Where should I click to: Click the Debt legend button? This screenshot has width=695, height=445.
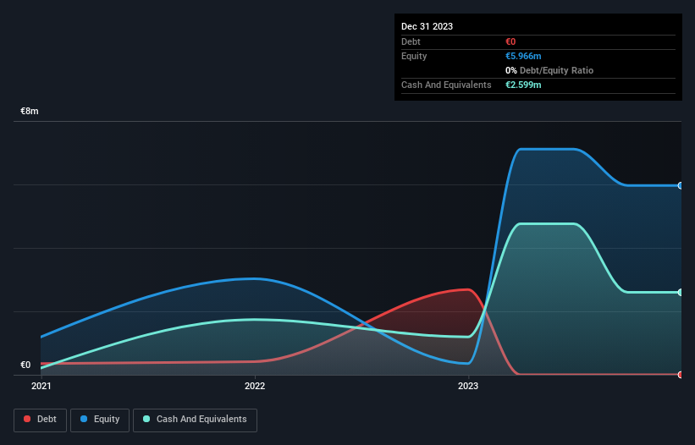tap(41, 420)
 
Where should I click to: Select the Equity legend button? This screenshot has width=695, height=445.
tap(100, 420)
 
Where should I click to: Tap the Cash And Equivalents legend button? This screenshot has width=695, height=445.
tap(195, 420)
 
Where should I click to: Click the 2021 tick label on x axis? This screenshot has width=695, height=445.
tap(41, 387)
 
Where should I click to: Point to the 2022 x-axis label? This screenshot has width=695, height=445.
tap(255, 387)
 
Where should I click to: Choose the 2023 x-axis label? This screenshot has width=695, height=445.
tap(468, 387)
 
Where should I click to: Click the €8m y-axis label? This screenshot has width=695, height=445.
tap(30, 112)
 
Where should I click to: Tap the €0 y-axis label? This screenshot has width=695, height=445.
tap(25, 365)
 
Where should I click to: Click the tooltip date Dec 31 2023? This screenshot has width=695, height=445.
tap(427, 26)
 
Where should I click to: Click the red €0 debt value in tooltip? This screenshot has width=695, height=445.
tap(511, 41)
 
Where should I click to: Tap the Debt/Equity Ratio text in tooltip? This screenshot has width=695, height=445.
tap(554, 70)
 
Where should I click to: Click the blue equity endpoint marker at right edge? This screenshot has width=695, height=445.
tap(681, 185)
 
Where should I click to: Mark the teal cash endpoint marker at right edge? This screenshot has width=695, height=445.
tap(681, 293)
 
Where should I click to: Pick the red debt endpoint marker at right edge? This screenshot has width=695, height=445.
tap(681, 374)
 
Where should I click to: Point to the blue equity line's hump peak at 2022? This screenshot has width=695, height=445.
tap(254, 278)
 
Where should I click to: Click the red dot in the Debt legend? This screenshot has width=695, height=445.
tap(28, 420)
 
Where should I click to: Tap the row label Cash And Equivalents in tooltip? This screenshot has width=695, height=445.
tap(446, 85)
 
